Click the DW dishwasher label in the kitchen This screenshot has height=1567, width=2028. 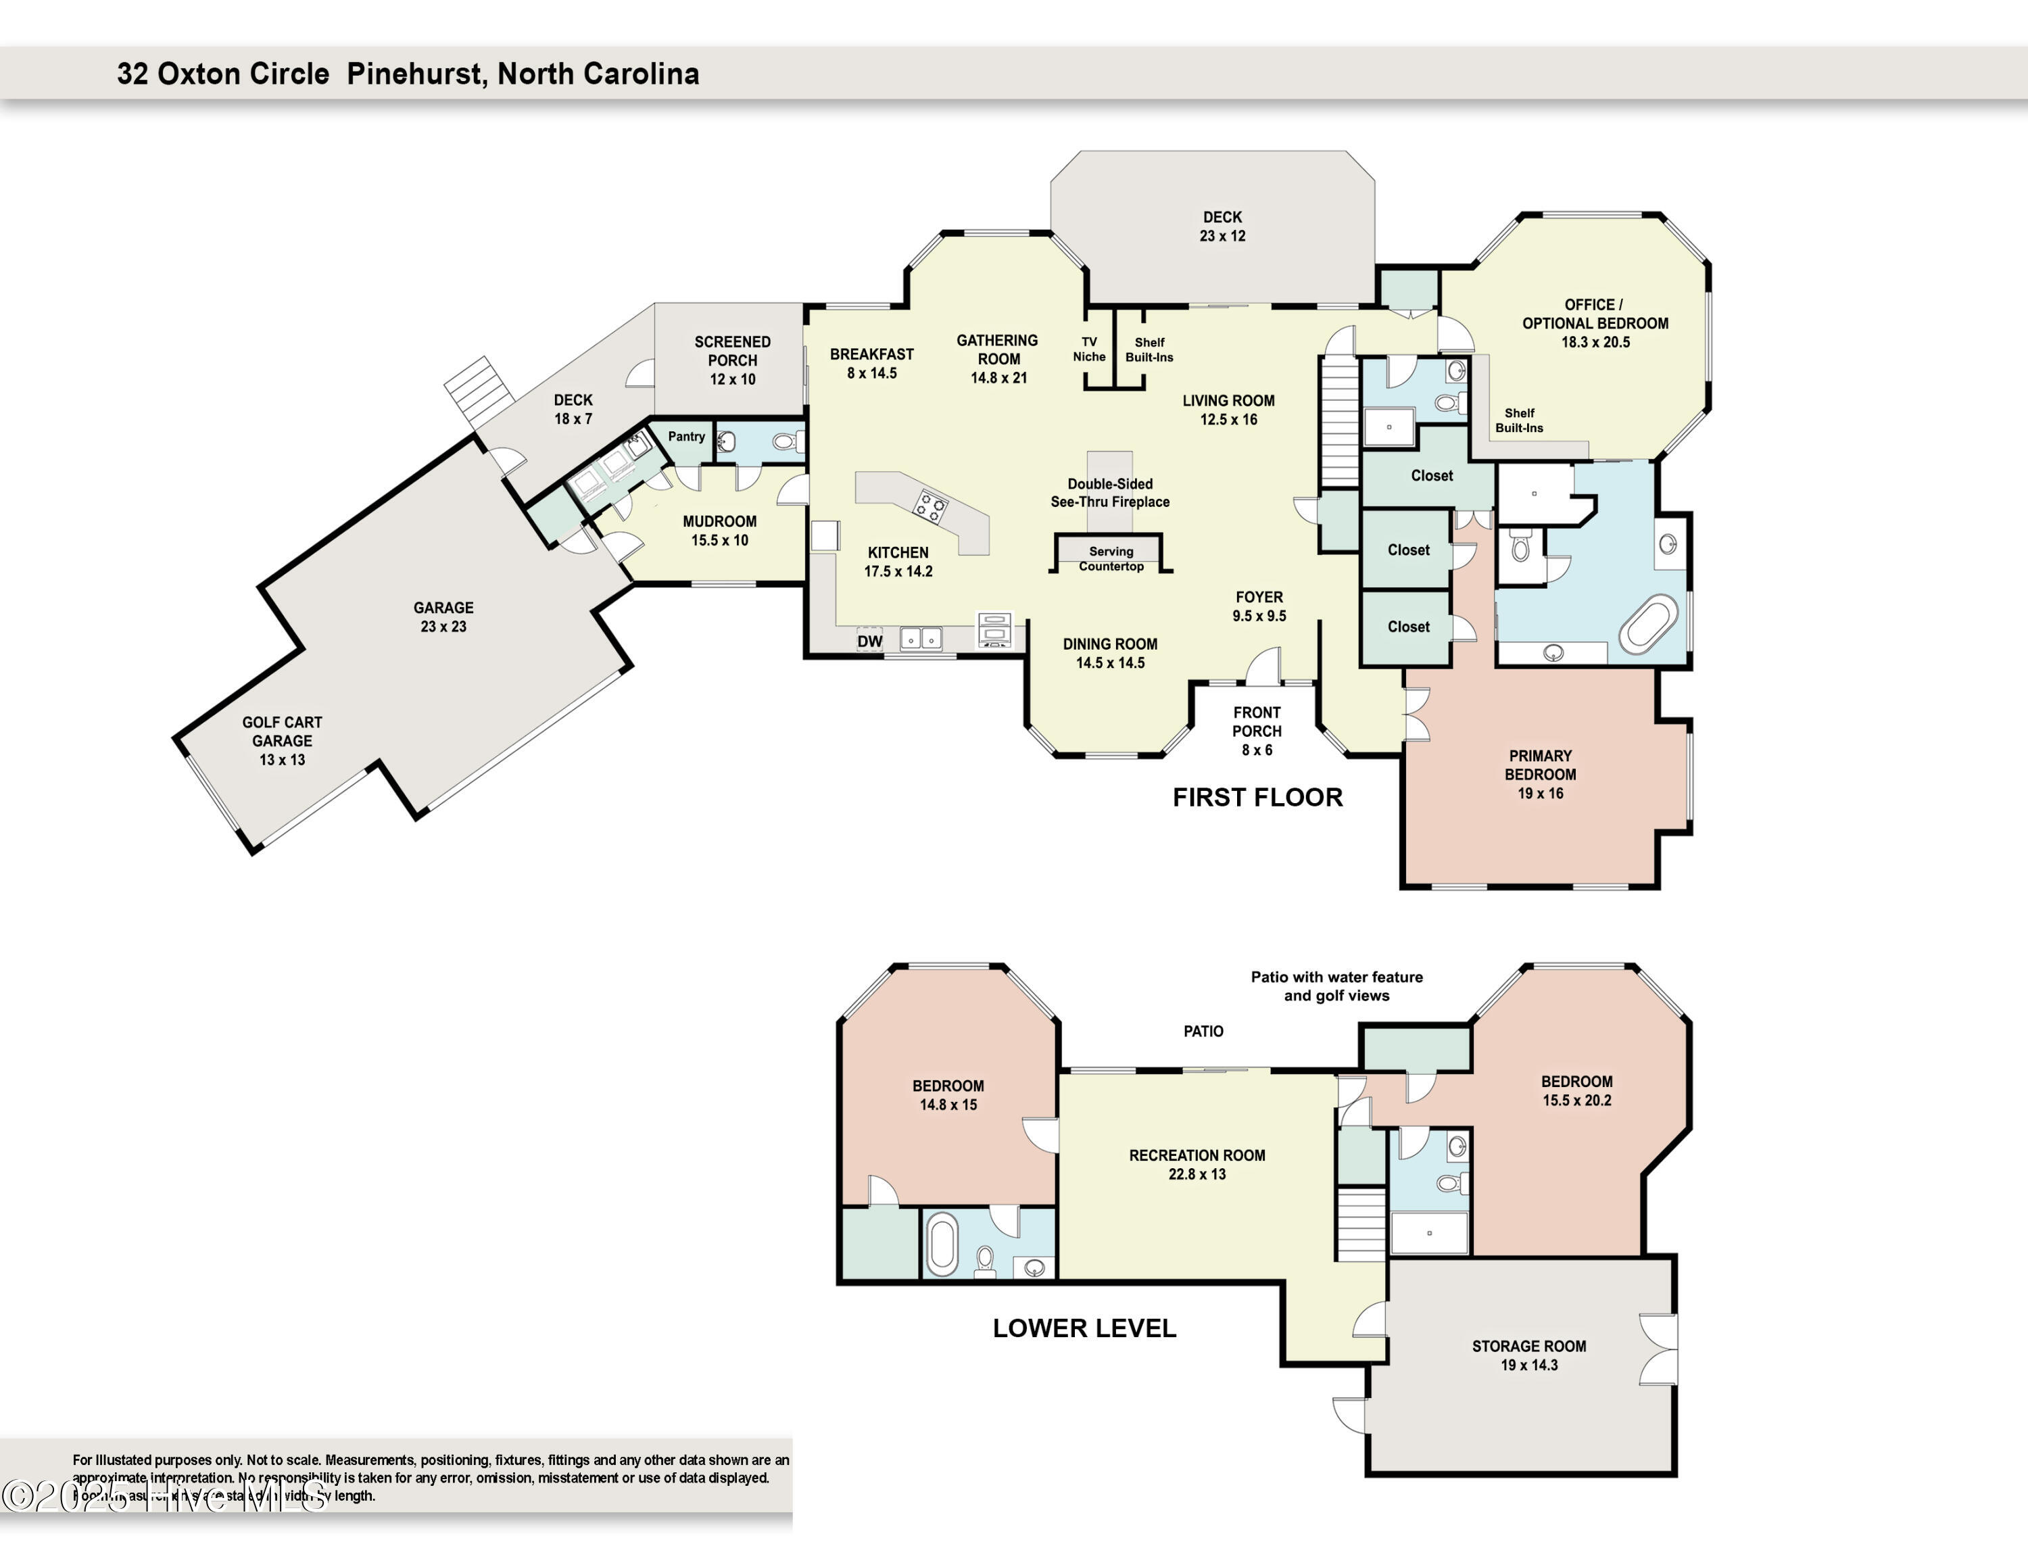pos(869,641)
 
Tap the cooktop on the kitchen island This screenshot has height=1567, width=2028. pos(930,508)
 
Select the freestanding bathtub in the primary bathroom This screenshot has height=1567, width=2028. pos(1648,624)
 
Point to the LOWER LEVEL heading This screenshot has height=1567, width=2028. pos(1084,1328)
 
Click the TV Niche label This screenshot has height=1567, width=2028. pos(1089,349)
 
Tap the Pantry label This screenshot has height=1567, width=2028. pos(686,436)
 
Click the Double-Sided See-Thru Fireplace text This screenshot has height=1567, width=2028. pos(1109,493)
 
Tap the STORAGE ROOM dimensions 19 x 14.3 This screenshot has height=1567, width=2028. pos(1528,1365)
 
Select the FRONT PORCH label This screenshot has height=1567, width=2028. pos(1257,722)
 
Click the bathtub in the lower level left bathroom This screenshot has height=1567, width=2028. pos(942,1244)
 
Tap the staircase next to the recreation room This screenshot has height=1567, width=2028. pos(1361,1223)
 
